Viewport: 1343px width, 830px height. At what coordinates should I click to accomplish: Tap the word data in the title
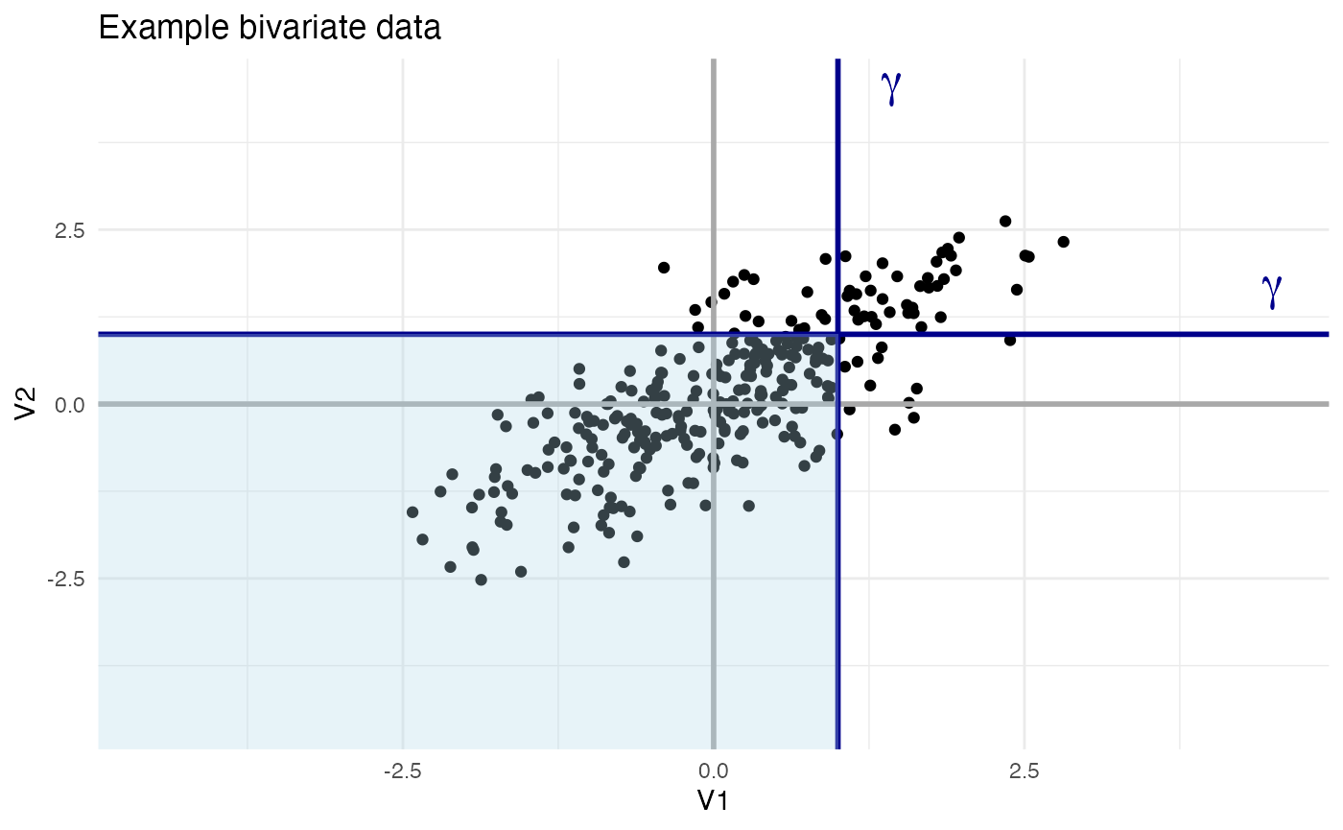[409, 29]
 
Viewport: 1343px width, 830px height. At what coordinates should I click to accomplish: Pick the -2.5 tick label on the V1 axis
[402, 771]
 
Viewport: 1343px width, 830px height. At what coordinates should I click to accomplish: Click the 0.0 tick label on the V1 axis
[713, 771]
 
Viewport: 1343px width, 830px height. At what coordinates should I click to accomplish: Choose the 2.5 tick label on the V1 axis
[1024, 771]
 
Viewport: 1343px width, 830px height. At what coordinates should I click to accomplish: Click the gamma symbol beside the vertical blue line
[891, 87]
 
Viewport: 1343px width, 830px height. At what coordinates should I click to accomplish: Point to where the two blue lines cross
[837, 334]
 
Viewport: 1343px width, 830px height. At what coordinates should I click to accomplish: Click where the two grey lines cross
[713, 404]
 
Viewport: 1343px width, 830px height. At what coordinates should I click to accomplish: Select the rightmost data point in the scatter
[1063, 242]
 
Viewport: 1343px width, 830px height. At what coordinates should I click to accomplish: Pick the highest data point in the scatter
[1005, 221]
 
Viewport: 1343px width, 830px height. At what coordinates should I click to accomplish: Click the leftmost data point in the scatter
[412, 512]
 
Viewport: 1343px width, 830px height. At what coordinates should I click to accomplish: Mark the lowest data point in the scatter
[482, 580]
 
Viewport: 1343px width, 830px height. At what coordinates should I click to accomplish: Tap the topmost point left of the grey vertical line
[663, 268]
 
